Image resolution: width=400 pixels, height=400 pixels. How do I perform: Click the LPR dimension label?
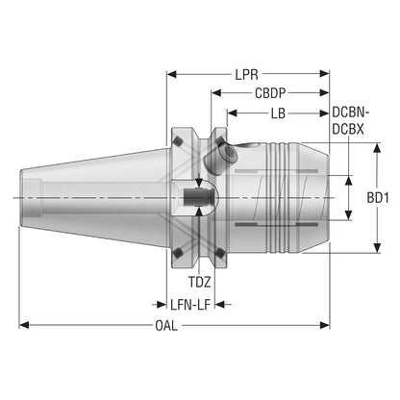pos(246,75)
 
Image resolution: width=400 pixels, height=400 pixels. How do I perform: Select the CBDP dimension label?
pos(270,93)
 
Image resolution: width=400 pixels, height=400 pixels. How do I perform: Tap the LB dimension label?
pos(278,113)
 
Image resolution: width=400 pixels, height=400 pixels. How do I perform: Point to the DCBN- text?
pos(351,112)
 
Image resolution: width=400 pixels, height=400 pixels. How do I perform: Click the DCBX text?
pos(348,129)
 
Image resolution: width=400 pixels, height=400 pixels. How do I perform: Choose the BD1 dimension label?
pos(378,198)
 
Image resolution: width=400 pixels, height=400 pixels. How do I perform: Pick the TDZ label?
pos(199,282)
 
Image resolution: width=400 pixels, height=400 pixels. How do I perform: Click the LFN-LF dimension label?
pos(190,305)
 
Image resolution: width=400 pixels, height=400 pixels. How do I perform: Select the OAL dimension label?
pos(166,326)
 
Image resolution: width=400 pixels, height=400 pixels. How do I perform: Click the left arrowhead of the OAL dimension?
pos(24,325)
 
